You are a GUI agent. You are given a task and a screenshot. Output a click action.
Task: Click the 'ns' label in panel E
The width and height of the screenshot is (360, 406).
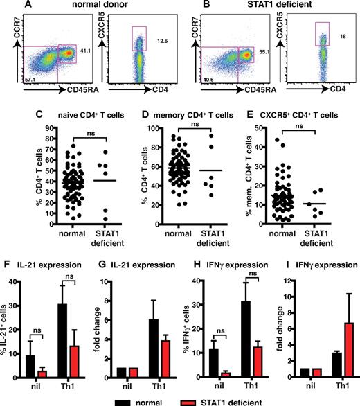click(297, 127)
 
